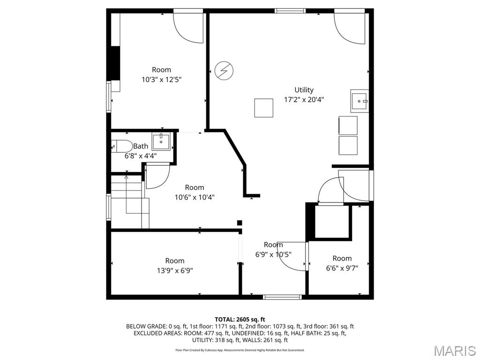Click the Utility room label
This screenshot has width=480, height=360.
[304, 90]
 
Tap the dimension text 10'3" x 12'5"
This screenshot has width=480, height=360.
[161, 80]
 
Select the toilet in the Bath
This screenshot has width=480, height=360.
[121, 146]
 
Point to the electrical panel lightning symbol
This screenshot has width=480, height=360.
[224, 70]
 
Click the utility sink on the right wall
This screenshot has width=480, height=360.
[360, 101]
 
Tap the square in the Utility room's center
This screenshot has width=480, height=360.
[263, 108]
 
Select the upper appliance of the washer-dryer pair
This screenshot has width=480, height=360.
[348, 125]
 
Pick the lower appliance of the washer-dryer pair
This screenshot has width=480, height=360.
[348, 145]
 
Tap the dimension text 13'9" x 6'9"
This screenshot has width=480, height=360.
[174, 270]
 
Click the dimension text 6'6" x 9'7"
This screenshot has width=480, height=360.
[342, 268]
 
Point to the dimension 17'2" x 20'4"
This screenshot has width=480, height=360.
[304, 99]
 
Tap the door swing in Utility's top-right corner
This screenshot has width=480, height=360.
[350, 28]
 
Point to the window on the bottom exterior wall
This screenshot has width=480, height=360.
[282, 297]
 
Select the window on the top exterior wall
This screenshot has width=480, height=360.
[290, 11]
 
